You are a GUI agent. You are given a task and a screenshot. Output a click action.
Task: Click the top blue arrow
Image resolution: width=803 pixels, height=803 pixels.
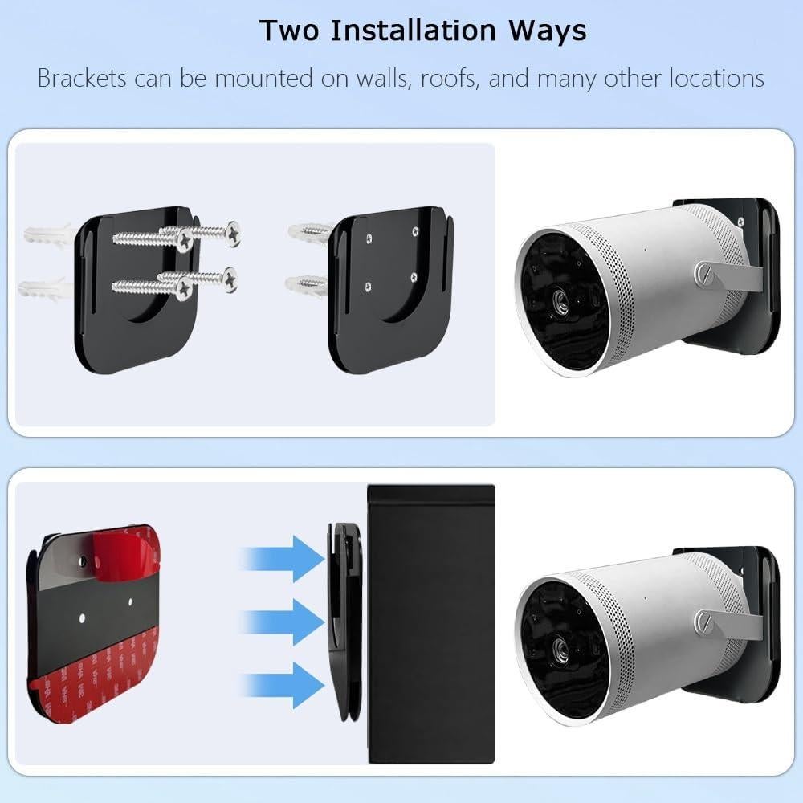[283, 557]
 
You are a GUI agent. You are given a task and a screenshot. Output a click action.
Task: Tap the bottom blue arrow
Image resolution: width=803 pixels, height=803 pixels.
[283, 684]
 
